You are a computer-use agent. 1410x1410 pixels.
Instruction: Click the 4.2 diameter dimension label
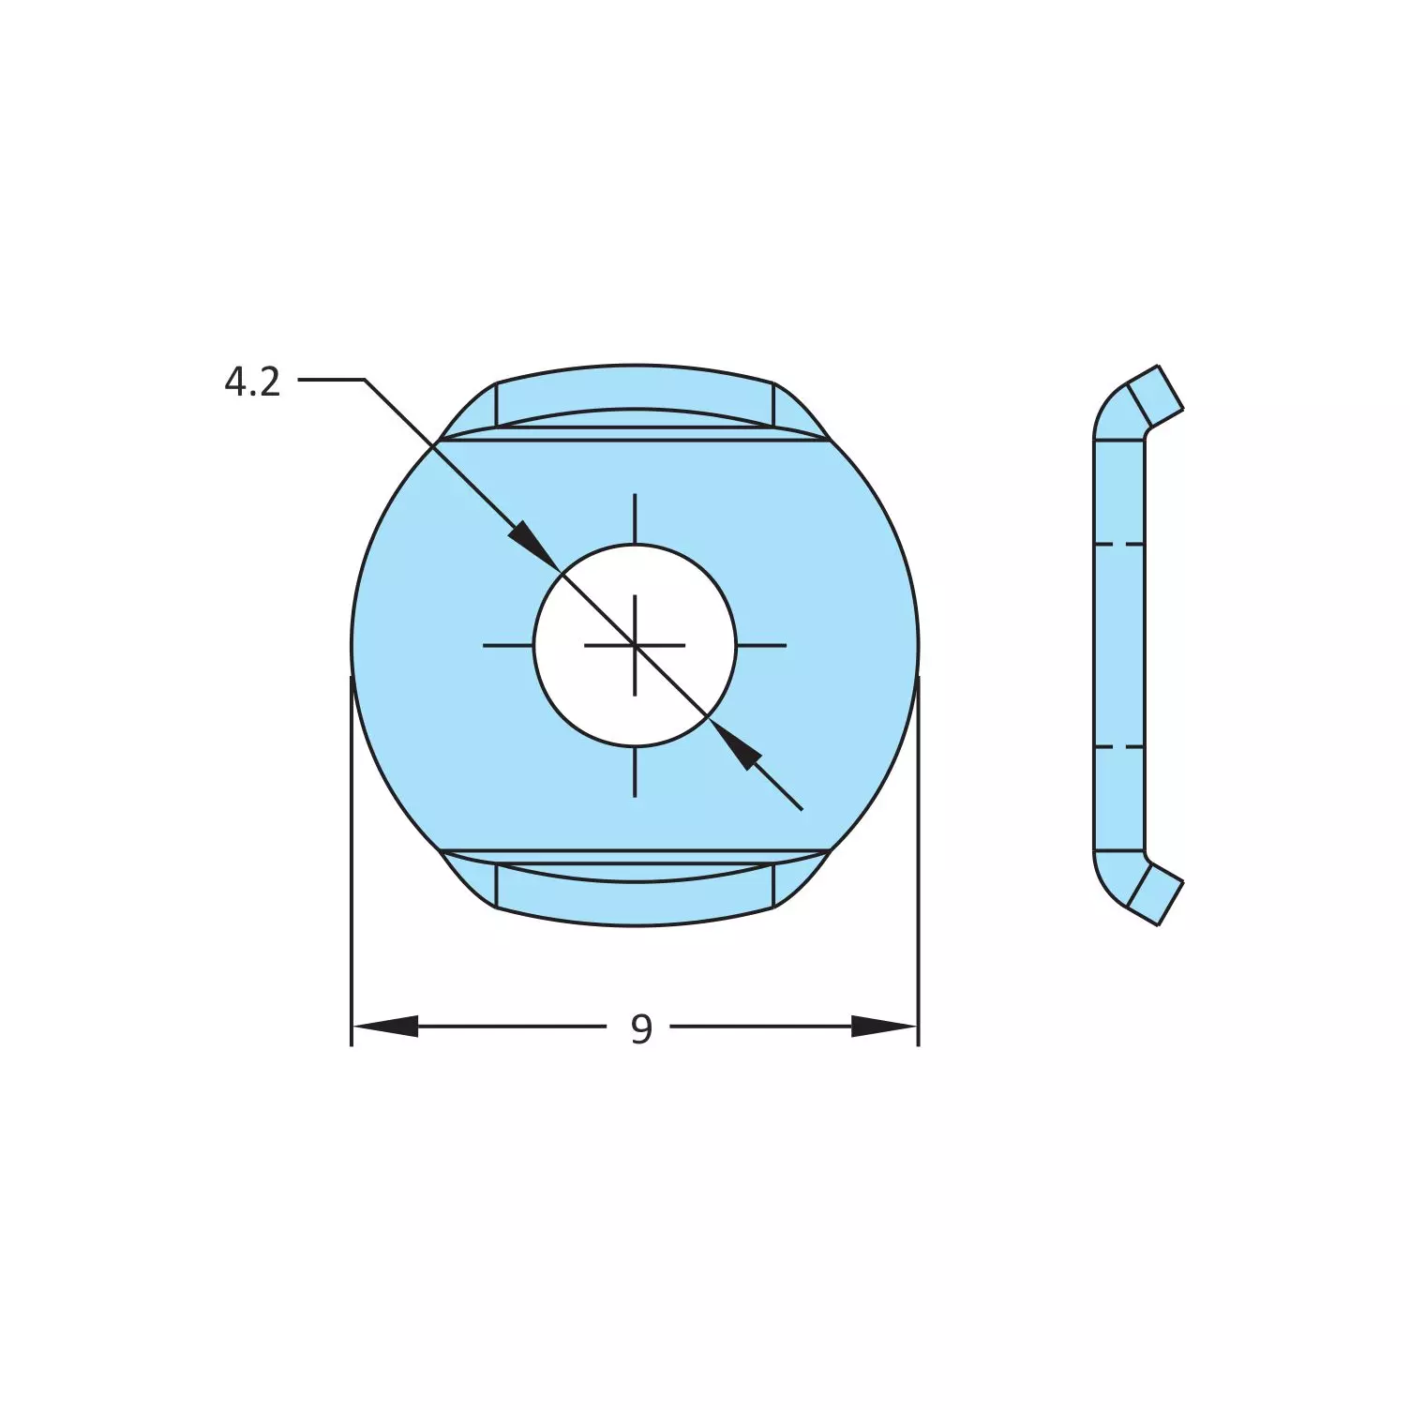(252, 382)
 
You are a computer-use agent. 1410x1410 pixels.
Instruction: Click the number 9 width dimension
(640, 1028)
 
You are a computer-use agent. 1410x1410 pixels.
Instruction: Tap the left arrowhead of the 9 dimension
(385, 1027)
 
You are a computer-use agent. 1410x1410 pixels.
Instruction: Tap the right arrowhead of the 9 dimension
(883, 1027)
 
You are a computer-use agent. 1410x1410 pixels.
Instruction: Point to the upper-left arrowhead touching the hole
(529, 541)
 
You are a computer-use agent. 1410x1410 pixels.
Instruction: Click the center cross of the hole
(635, 645)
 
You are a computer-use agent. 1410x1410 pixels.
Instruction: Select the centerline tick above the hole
(635, 517)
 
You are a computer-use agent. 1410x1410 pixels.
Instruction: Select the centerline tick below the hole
(635, 772)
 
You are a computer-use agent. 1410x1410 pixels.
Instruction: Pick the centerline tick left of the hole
(507, 645)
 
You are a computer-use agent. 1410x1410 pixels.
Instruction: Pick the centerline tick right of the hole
(761, 645)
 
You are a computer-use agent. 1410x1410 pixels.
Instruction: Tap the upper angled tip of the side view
(1155, 394)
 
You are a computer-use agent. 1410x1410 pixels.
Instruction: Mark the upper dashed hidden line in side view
(1118, 544)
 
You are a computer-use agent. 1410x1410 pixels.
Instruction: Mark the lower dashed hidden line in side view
(1118, 747)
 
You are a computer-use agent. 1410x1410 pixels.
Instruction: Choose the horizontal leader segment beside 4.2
(331, 380)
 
